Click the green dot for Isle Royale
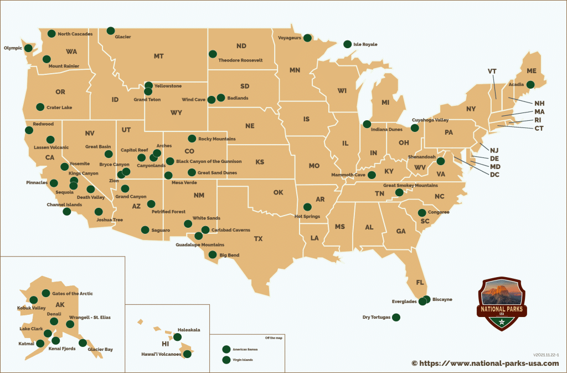[347, 44]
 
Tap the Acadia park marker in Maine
[530, 85]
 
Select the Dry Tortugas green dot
[396, 318]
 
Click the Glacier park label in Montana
[123, 37]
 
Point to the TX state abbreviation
[258, 239]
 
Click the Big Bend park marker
[212, 255]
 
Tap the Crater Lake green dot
[40, 107]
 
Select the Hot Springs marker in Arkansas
[307, 207]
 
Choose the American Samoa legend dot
[225, 349]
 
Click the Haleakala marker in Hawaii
[177, 336]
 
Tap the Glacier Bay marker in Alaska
[83, 343]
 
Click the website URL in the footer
[485, 363]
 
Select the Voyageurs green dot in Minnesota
[307, 38]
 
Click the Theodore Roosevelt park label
[240, 60]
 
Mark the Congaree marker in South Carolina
[422, 212]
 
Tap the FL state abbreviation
[420, 283]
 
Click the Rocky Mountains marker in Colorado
[192, 139]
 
